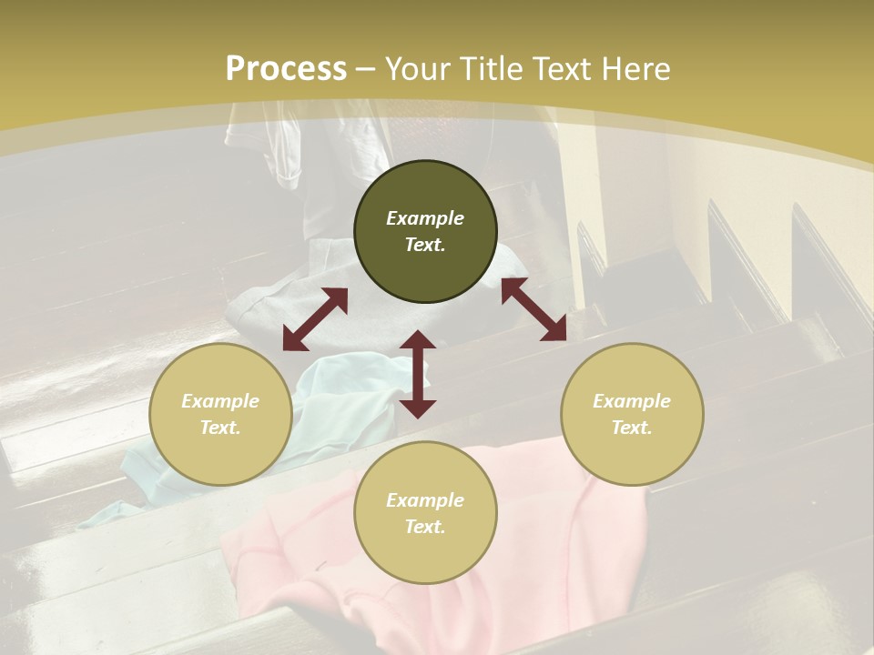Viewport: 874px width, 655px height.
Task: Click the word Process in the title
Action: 286,69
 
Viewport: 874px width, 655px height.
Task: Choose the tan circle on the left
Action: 220,414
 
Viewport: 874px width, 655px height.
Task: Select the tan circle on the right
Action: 632,414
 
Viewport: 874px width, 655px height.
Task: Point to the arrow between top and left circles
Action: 315,319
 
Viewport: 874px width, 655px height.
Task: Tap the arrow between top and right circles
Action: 534,309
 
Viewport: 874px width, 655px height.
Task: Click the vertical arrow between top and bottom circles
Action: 418,374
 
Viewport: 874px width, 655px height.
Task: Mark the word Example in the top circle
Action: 425,218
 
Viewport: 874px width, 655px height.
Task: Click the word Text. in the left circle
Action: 220,428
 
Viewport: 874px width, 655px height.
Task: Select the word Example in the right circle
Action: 632,401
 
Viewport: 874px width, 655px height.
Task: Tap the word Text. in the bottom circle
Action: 425,527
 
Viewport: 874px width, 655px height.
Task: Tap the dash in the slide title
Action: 366,69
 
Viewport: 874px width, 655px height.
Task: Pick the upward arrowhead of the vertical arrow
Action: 418,339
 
